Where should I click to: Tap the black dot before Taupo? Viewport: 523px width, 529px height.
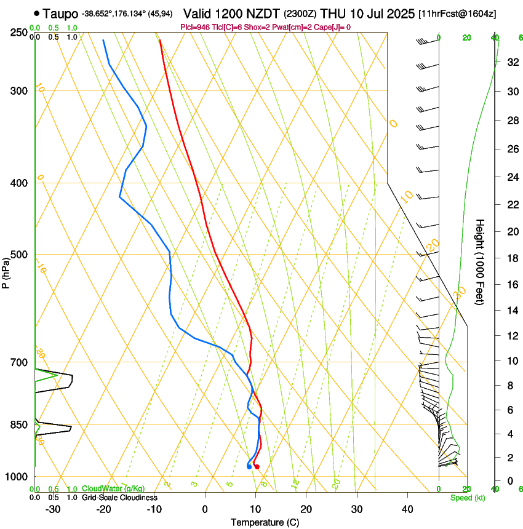tap(38, 13)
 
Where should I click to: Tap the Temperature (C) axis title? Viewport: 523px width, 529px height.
tap(265, 522)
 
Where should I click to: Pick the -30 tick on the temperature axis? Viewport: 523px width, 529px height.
tap(53, 509)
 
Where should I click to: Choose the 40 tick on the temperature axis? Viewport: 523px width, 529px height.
tap(407, 509)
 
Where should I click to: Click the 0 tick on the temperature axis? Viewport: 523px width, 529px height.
tap(205, 509)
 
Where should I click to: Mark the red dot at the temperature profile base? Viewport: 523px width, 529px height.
tap(257, 467)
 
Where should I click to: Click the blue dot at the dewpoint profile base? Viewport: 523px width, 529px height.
tap(249, 466)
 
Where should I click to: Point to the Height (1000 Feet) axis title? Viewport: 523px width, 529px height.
tap(480, 261)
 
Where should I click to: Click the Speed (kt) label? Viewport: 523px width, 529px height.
tap(467, 498)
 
